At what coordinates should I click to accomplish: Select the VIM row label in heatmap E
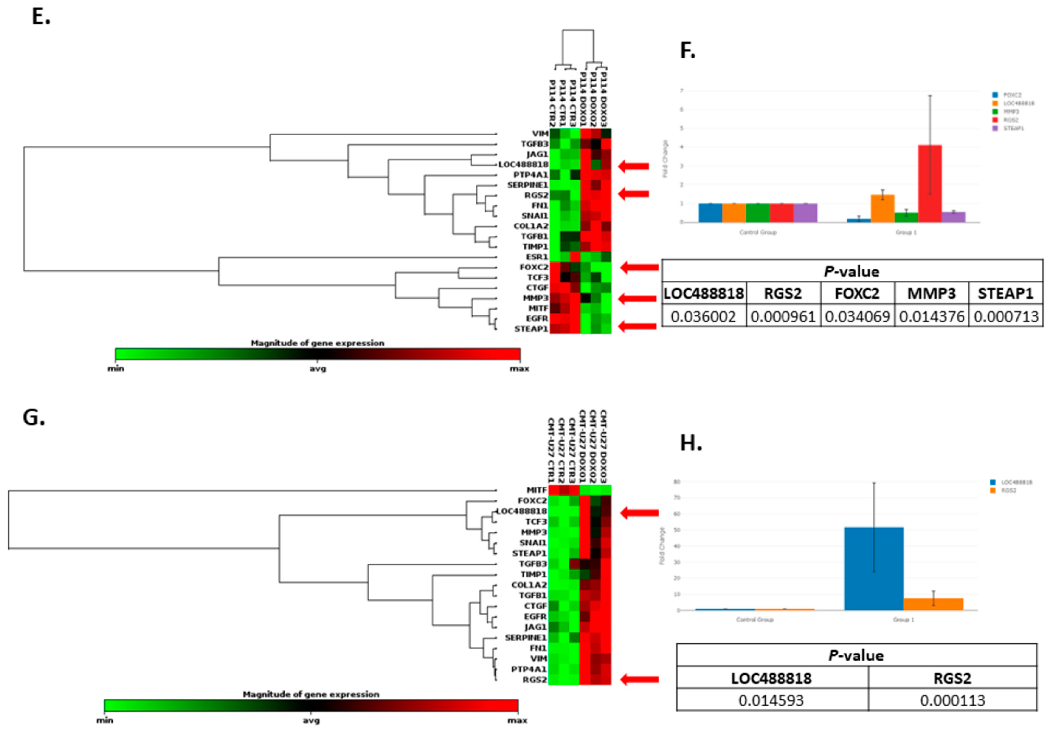tap(540, 134)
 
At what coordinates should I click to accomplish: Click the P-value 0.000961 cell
tap(783, 316)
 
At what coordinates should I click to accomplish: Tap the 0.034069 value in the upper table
tap(857, 316)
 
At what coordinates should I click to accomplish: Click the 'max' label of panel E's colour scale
tap(519, 369)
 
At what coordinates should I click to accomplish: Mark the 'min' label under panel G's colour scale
tap(104, 720)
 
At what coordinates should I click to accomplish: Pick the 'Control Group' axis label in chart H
tap(755, 620)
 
